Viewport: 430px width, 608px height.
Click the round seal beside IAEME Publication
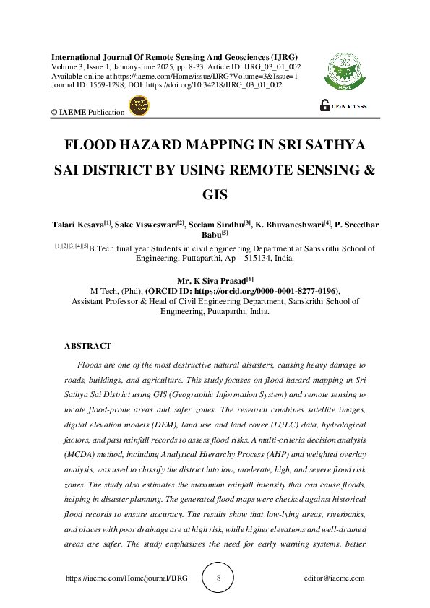tap(137, 107)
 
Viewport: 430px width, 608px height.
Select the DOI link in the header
tap(231, 85)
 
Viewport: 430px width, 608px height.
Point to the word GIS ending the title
tap(215, 195)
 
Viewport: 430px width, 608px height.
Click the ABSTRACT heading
tap(87, 347)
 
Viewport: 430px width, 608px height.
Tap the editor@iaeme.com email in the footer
tap(335, 578)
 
